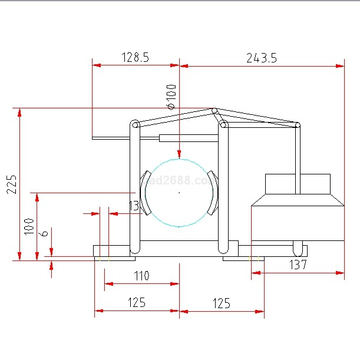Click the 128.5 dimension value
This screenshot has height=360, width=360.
136,57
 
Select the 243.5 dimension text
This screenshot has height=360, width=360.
262,57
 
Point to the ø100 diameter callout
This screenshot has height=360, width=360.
171,97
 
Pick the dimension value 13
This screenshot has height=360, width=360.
134,206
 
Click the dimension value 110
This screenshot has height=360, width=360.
141,276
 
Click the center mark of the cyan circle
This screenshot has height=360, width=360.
179,193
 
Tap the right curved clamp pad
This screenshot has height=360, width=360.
213,193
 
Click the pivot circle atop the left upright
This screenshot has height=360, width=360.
135,125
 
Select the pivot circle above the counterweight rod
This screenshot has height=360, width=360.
298,125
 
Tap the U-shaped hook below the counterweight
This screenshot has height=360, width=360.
298,246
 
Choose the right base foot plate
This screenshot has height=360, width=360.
244,257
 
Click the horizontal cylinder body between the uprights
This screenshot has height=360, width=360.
189,138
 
